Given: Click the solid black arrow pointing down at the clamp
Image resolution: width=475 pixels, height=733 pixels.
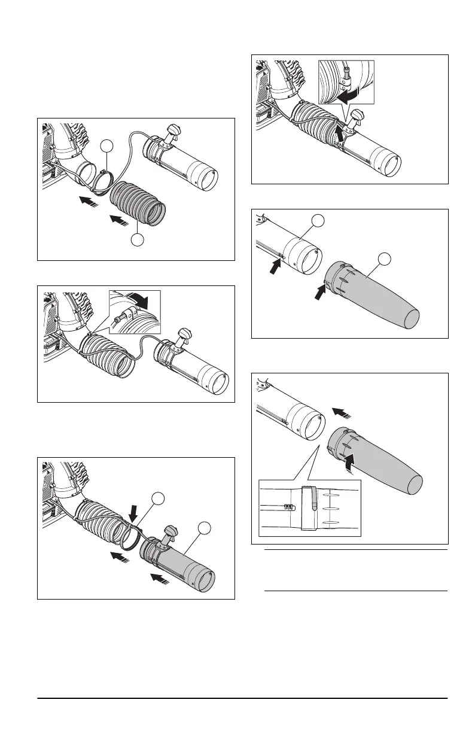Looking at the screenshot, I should tap(133, 510).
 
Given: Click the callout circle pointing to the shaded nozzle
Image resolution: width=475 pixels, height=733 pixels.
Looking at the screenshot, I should tap(385, 258).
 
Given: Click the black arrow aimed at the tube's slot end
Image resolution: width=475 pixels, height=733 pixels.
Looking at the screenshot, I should tap(276, 264).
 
